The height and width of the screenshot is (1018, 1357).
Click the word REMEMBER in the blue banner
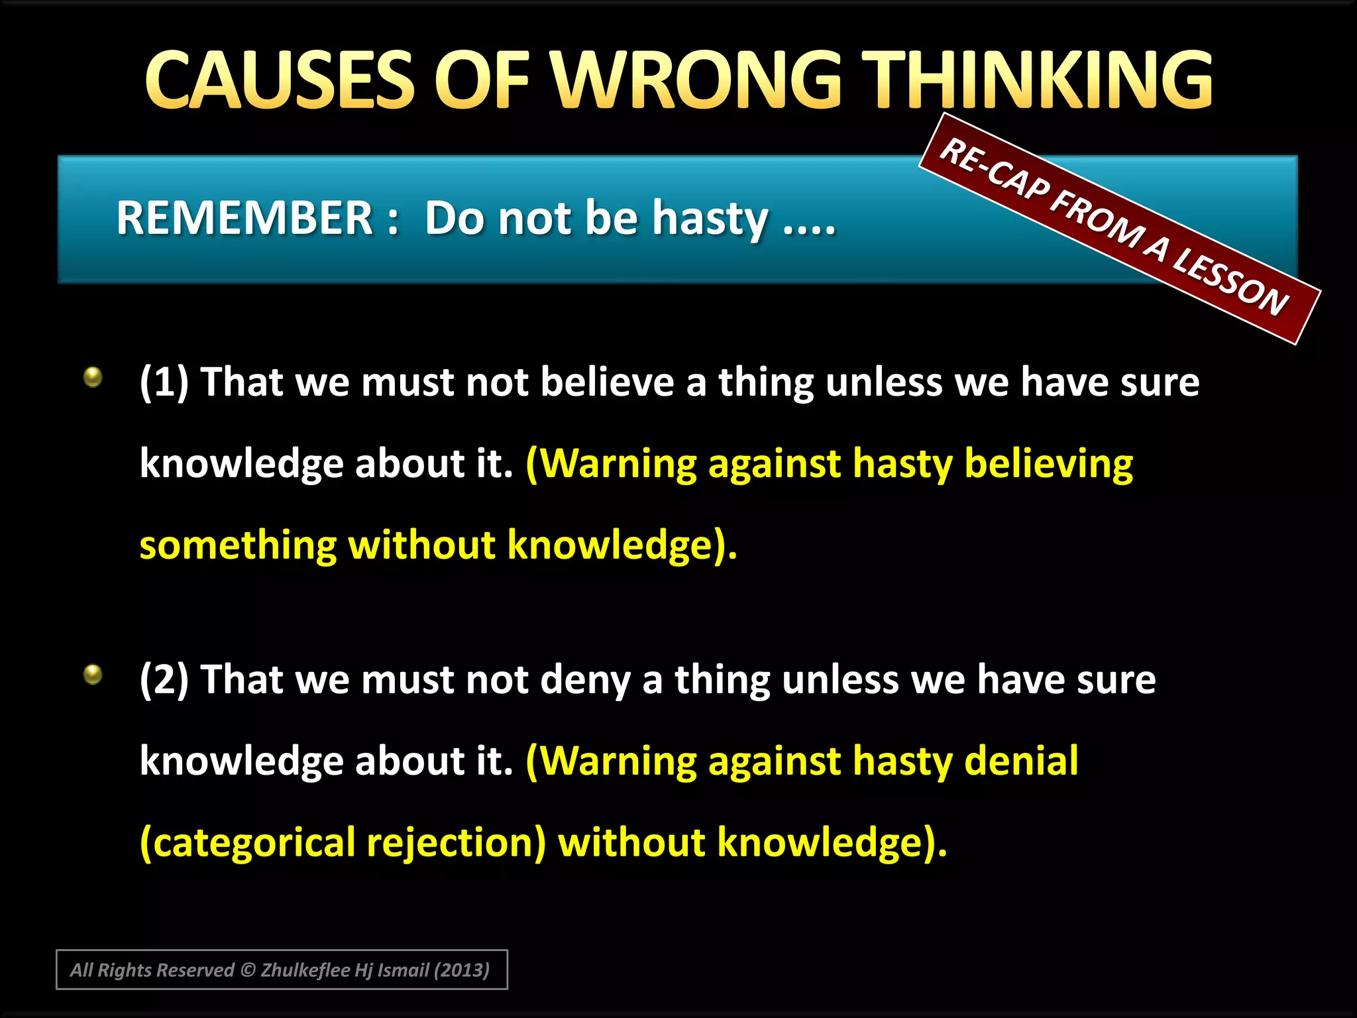(x=244, y=218)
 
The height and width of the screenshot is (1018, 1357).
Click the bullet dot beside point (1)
(x=93, y=377)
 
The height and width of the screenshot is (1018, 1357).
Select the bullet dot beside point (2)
(x=93, y=675)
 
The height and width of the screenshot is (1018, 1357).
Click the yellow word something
(x=238, y=545)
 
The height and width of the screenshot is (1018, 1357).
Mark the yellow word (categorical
(x=248, y=843)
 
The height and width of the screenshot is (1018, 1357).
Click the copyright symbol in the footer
(x=248, y=970)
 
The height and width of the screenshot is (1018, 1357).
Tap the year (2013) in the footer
(x=461, y=970)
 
